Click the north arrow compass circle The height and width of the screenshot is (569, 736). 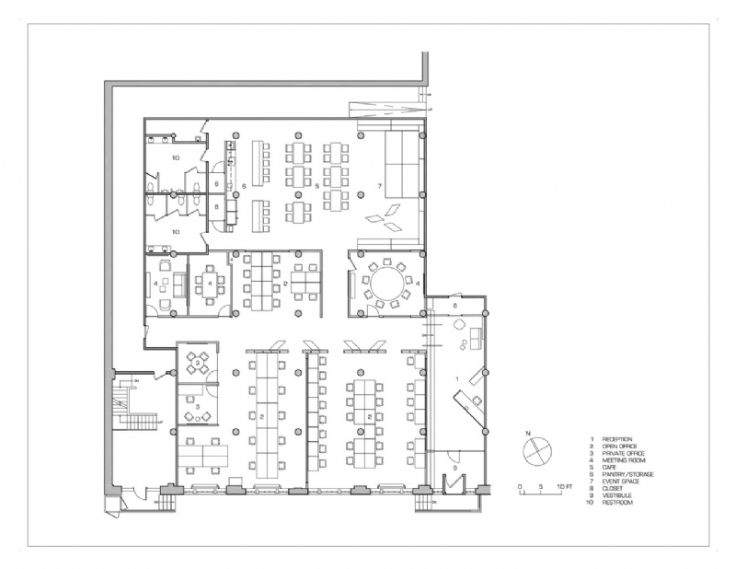tap(535, 453)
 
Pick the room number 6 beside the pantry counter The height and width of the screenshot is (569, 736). tap(244, 187)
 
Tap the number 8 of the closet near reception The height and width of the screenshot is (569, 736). tap(454, 304)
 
